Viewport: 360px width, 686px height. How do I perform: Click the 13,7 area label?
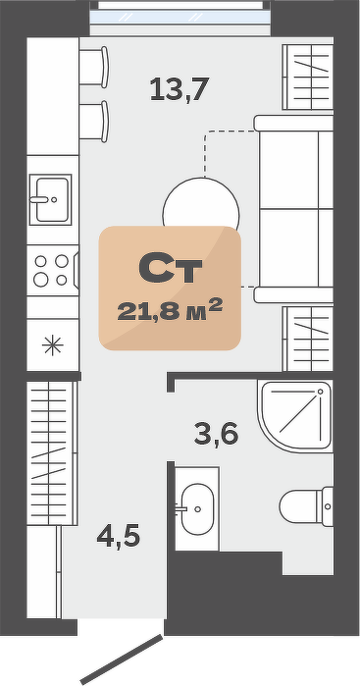click(180, 89)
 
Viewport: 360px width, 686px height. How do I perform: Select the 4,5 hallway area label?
click(118, 536)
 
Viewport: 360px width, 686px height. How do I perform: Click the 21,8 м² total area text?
click(170, 310)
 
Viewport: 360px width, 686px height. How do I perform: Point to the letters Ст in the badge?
click(170, 267)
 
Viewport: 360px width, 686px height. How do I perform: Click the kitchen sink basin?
click(50, 199)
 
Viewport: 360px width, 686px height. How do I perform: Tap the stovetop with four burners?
click(53, 270)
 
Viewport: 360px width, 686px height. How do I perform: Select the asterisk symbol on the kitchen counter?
click(53, 345)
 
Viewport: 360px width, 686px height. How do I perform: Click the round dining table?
click(201, 206)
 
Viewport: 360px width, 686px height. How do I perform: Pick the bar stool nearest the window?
click(93, 67)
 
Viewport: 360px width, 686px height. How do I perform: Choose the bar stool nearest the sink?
click(93, 121)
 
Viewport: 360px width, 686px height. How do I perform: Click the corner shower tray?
click(295, 416)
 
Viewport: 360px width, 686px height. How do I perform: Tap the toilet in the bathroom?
click(306, 506)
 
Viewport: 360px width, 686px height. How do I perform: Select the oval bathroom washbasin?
click(197, 508)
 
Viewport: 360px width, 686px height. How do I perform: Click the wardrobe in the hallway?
click(52, 452)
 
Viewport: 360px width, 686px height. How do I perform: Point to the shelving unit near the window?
click(308, 77)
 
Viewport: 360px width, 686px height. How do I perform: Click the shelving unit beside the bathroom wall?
click(308, 339)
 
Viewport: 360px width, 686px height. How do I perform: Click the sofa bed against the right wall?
click(293, 209)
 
